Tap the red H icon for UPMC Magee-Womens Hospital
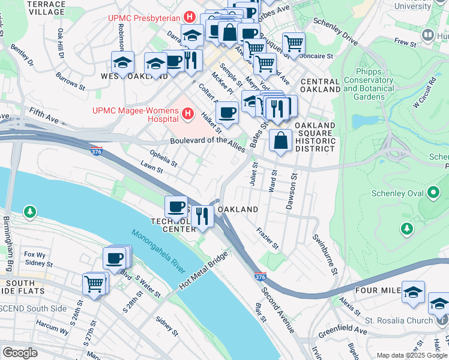pos(188,112)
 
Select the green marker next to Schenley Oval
pos(433,193)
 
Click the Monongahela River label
pos(158,252)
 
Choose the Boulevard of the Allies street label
pos(207,142)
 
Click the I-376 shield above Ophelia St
pos(96,151)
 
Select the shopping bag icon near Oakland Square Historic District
pos(280,141)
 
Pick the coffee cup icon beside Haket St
pos(227,112)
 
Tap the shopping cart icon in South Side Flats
pos(94,284)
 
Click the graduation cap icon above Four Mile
pos(413,292)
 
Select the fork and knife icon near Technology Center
pos(202,215)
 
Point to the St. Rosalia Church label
pos(398,320)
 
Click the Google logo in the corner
pos(19,352)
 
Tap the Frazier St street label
pos(268,238)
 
